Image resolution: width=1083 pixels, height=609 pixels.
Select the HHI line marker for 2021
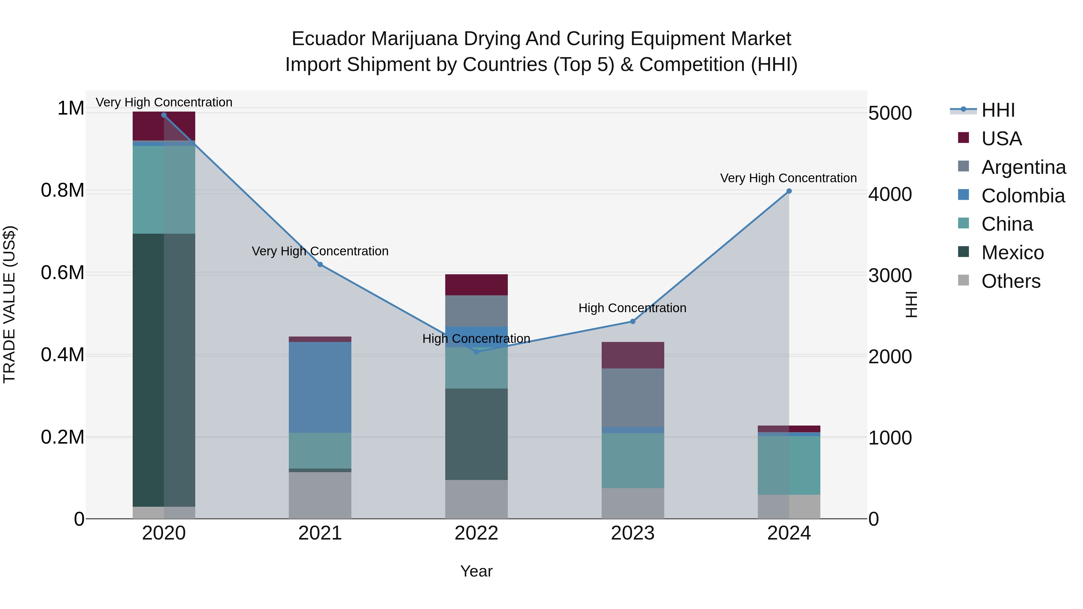tap(320, 264)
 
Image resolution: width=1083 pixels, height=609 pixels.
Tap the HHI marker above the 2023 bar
tap(633, 321)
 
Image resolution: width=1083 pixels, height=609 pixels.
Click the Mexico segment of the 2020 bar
tap(164, 370)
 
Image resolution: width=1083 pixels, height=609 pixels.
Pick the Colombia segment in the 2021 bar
tap(320, 387)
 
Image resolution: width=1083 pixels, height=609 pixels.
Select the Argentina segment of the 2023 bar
tap(633, 398)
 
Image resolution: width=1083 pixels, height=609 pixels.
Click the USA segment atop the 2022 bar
tap(476, 285)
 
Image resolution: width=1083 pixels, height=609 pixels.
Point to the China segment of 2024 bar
tap(789, 465)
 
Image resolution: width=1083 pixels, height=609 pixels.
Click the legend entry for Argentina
tap(1023, 167)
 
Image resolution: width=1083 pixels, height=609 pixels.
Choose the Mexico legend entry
tap(1012, 253)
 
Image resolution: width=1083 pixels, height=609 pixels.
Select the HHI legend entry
tap(998, 110)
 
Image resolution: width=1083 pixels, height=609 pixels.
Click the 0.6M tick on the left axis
tap(63, 273)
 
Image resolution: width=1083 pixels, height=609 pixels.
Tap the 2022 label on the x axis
tap(476, 533)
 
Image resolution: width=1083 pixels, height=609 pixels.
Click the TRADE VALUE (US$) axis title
tap(9, 304)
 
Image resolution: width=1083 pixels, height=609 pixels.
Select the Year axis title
tap(476, 571)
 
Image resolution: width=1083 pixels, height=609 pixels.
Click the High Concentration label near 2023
tap(632, 308)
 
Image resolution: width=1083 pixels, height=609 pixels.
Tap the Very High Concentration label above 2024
tap(788, 178)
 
